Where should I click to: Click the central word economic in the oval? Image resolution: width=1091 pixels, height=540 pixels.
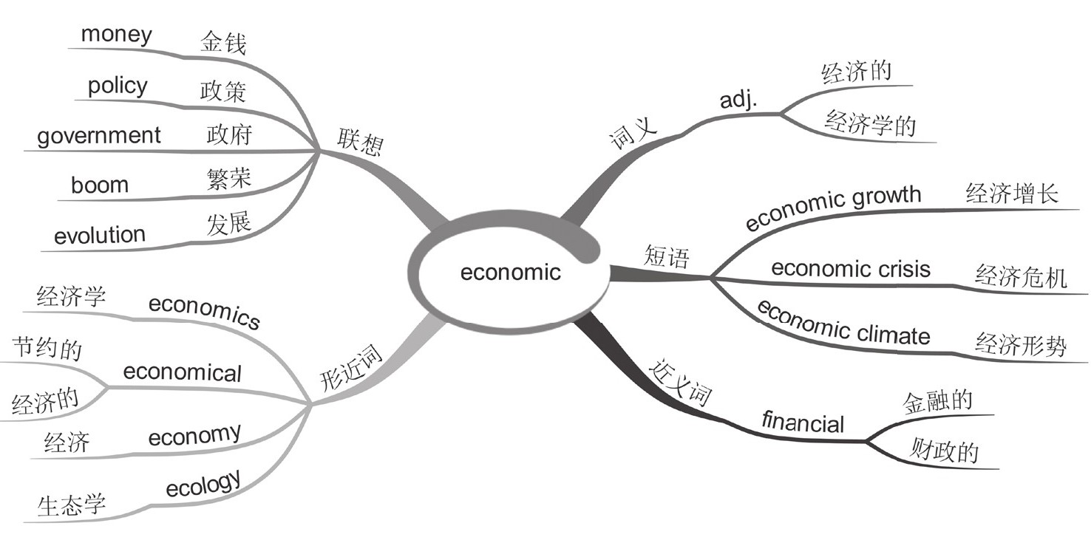(510, 273)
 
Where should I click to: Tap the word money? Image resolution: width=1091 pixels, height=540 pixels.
(116, 34)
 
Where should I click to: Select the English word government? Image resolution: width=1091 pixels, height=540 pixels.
(98, 136)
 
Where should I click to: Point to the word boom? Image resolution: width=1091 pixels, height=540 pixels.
(99, 185)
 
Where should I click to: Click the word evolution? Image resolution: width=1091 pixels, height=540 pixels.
(100, 235)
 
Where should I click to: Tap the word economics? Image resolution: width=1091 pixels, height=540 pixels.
(205, 312)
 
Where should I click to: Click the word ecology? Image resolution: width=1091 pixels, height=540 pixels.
(203, 485)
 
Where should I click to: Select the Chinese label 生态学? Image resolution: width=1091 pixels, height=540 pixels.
(72, 505)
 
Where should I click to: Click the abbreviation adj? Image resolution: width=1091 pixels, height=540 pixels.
(738, 100)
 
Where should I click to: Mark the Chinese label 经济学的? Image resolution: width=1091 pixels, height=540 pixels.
(870, 123)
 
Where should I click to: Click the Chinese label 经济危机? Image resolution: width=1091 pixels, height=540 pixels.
(1021, 278)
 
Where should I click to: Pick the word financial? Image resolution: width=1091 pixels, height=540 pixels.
(803, 423)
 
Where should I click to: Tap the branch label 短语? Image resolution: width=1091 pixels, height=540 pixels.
(667, 257)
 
